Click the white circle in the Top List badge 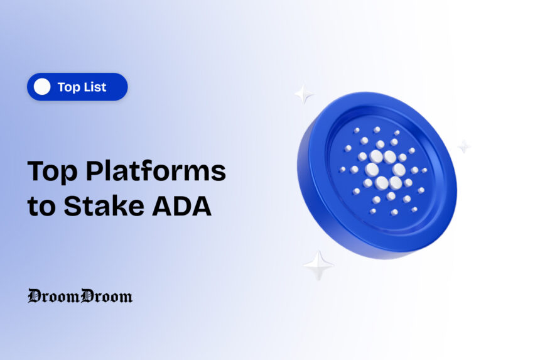[42, 87]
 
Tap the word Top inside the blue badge [67, 87]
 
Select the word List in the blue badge [94, 87]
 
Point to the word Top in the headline [50, 172]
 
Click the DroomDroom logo [80, 296]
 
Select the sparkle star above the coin [304, 94]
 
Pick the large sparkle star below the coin [319, 265]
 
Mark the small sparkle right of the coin [463, 146]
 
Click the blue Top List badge [77, 87]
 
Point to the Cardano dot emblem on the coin [383, 170]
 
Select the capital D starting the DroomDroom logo [35, 296]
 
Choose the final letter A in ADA [200, 207]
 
